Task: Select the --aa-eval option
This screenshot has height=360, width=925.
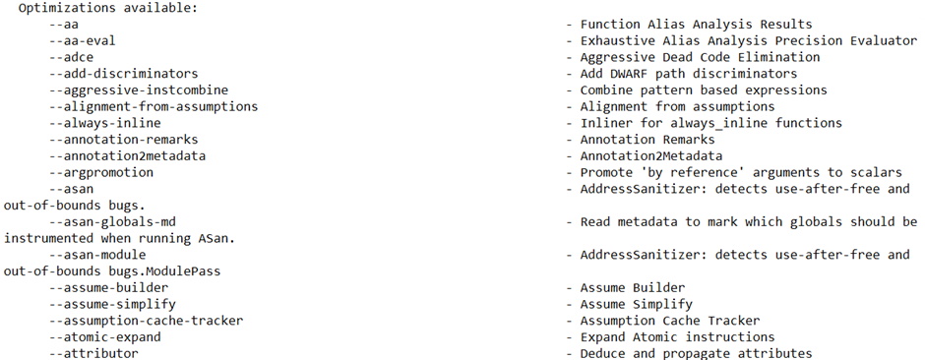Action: point(83,40)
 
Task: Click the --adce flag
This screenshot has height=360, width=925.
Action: point(72,57)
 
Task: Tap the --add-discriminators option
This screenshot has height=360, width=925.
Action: point(124,74)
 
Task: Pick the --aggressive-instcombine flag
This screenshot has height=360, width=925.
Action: point(139,90)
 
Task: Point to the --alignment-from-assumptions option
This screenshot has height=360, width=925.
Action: point(154,106)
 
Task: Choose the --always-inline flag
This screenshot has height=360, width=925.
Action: point(105,123)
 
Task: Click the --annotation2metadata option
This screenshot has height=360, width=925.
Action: point(127,156)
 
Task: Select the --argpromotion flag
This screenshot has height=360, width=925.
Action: point(101,173)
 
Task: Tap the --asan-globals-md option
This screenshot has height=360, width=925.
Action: point(113,222)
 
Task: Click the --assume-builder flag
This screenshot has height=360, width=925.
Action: point(109,288)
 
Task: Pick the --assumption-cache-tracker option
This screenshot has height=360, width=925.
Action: point(147,321)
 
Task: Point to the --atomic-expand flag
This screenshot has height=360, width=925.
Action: point(105,337)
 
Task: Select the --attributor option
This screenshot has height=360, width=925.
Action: point(93,353)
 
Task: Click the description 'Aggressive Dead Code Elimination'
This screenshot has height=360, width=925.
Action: point(700,57)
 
